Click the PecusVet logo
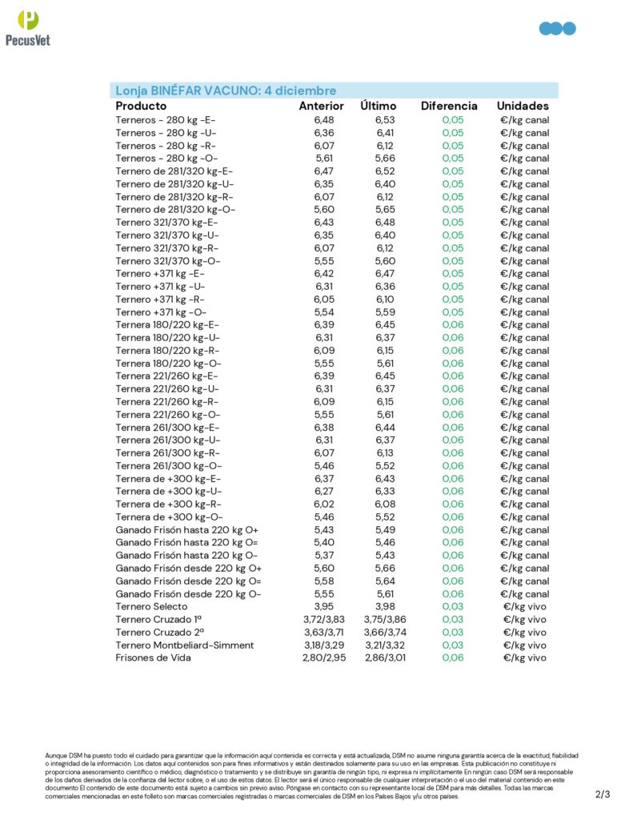click(27, 28)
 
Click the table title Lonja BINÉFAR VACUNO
click(226, 90)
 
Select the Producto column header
click(141, 106)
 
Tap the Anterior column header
click(321, 106)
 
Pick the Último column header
click(379, 106)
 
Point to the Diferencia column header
click(449, 106)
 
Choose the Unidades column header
click(523, 106)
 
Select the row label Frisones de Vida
click(153, 657)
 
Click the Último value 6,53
click(385, 120)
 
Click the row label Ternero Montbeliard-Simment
click(184, 645)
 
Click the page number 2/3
click(603, 794)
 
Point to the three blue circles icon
click(558, 29)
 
